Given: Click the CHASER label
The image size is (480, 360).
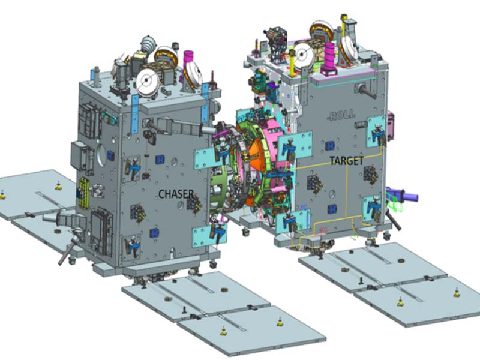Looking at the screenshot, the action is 176,193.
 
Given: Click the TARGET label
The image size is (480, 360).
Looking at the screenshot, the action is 347,161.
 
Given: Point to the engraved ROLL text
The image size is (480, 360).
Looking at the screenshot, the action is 341,115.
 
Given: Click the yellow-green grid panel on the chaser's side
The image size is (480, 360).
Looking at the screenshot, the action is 83,193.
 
